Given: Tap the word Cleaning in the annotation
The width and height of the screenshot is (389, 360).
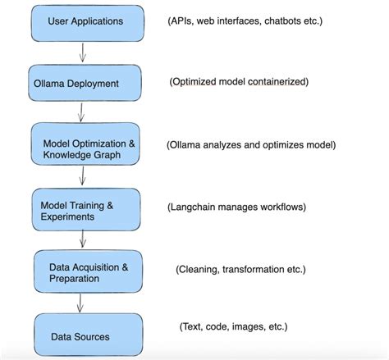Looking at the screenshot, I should (x=201, y=269).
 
